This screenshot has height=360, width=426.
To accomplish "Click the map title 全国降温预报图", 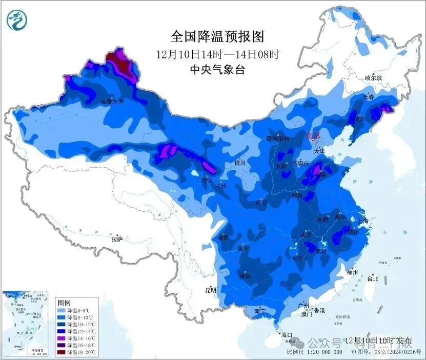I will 217,37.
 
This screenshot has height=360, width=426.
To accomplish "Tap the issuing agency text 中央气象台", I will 217,70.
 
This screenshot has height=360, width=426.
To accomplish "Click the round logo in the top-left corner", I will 17,20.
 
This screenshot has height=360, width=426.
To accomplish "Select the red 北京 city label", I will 313,136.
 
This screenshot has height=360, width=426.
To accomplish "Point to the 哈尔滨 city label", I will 373,78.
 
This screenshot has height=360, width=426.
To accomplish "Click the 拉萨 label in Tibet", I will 117,239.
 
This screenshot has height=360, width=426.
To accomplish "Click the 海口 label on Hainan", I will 286,335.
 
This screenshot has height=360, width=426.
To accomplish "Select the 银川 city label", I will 240,163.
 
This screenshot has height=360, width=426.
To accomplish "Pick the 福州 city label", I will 352,272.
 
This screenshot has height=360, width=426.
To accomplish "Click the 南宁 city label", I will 260,311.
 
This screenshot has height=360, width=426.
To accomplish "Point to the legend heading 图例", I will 64,302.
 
